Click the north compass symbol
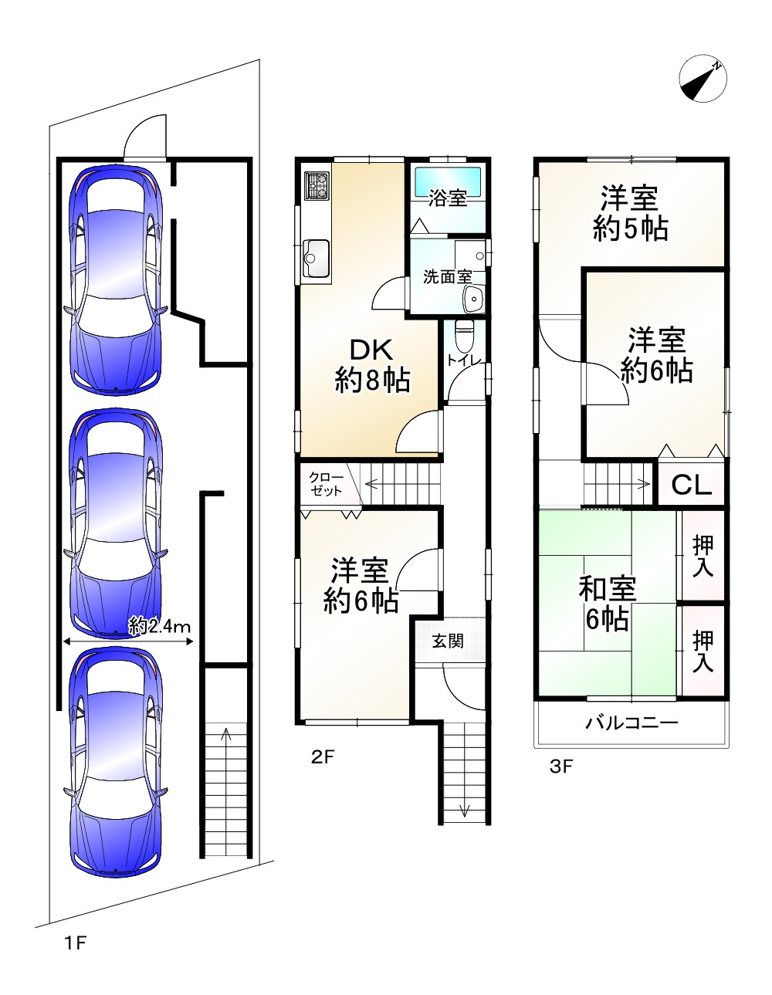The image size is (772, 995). (x=703, y=80)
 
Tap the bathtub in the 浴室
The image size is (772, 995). (x=448, y=183)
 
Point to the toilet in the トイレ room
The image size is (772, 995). (x=465, y=337)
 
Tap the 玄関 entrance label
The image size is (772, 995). (x=448, y=640)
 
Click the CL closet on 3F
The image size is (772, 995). (x=691, y=485)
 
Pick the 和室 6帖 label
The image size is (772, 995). (x=608, y=604)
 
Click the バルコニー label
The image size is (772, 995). (x=631, y=723)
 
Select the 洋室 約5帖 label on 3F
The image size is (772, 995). (x=630, y=214)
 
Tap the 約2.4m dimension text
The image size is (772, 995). (x=160, y=626)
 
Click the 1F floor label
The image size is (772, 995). (x=74, y=943)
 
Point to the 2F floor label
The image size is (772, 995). (x=323, y=756)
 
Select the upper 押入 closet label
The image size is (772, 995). (x=703, y=557)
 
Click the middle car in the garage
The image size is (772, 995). (x=116, y=524)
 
